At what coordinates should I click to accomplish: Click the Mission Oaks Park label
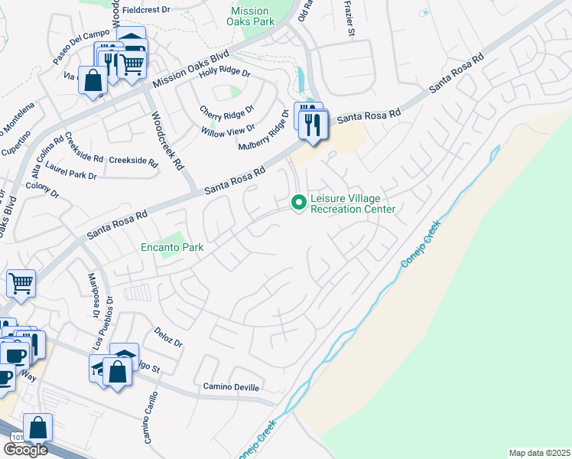tap(249, 17)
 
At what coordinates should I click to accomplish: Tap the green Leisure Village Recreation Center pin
tap(297, 203)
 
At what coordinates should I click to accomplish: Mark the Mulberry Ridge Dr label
tap(263, 130)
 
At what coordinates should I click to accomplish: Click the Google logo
tap(26, 450)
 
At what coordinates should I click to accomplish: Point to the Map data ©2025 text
tap(540, 453)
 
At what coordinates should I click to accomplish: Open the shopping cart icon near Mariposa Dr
tap(21, 283)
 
